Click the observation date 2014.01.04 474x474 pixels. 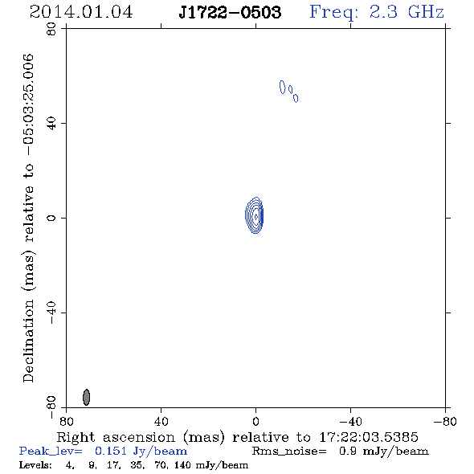[81, 12]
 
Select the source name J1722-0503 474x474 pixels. [230, 12]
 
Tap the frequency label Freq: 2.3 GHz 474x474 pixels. [377, 12]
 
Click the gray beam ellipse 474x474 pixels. [87, 397]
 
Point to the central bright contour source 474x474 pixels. [254, 215]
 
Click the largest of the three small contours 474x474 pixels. [282, 87]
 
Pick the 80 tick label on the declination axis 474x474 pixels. [51, 29]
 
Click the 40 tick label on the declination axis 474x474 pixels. [51, 124]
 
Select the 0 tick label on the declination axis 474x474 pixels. [51, 218]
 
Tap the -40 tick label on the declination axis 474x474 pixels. [51, 313]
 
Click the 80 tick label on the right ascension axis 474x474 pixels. [67, 421]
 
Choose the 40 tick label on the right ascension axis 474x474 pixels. [161, 421]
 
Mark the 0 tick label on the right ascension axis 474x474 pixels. [255, 421]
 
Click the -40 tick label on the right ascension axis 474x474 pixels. [350, 421]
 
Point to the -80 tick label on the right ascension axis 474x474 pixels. [445, 421]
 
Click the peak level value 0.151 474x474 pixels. [111, 451]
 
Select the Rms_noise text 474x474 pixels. [289, 452]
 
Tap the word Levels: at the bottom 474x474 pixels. [35, 465]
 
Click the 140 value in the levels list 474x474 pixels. [182, 465]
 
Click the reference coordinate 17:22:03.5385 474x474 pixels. [369, 437]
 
